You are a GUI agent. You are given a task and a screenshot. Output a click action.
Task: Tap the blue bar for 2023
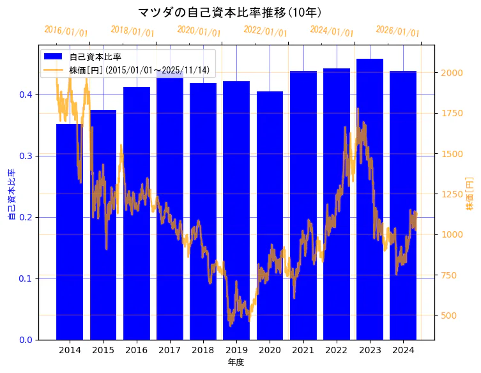pos(370,199)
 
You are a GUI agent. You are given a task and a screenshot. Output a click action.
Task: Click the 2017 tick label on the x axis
pos(169,350)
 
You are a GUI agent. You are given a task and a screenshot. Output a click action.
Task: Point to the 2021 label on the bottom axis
pos(303,350)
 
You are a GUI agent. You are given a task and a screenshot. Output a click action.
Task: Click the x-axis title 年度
pos(236,362)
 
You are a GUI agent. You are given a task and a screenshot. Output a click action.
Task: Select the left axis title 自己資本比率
pos(11,194)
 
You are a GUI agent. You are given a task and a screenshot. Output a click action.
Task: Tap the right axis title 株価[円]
pos(470,194)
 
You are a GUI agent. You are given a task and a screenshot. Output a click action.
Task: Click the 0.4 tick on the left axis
pos(26,95)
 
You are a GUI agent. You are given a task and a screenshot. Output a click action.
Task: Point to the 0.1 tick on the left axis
pos(26,278)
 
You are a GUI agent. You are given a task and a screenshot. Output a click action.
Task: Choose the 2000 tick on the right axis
pos(450,73)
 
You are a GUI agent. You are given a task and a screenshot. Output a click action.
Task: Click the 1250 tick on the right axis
pos(450,194)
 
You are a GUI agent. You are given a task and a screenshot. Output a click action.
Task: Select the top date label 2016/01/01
pos(66,31)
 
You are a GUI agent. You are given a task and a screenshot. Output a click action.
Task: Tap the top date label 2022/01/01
pos(266,31)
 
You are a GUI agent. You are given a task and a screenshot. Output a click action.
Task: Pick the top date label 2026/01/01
pos(397,31)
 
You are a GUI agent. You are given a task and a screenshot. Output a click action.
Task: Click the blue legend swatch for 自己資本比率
pos(53,56)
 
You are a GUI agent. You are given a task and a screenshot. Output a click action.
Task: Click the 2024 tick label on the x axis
pos(403,350)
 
